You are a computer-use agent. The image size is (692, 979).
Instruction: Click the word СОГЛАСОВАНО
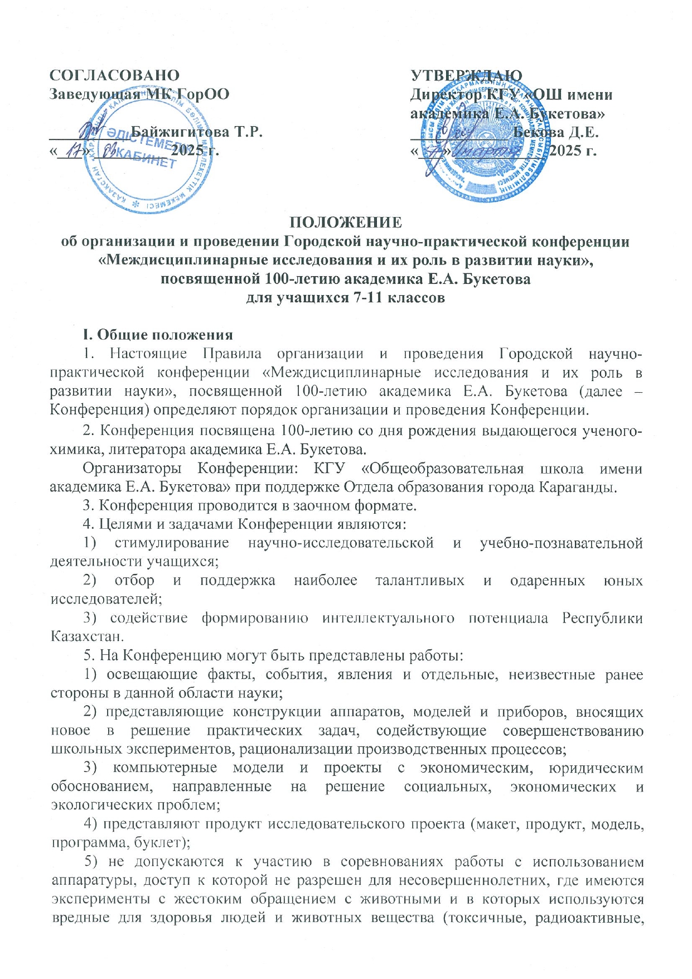[115, 75]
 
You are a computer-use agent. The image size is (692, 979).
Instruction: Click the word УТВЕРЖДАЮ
[466, 76]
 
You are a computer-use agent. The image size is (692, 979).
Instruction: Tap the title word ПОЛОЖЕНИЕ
[346, 223]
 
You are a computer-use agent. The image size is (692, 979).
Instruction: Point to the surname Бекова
[539, 133]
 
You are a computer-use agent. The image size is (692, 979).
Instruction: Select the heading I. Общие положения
[157, 335]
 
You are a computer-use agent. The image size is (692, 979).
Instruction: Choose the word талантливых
[419, 581]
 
